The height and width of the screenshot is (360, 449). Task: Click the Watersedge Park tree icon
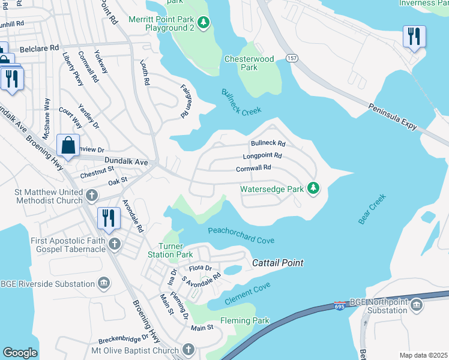click(313, 189)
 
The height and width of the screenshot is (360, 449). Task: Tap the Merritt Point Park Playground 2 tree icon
click(204, 23)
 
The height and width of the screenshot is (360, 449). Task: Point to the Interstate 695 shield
click(340, 306)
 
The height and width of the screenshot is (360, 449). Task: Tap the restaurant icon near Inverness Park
click(414, 37)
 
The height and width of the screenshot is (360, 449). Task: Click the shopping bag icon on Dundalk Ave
click(68, 146)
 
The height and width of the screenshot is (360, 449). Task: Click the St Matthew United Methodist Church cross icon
click(91, 196)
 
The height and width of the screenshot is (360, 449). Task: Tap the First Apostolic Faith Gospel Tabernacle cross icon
click(114, 244)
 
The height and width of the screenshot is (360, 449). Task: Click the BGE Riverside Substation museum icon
click(104, 283)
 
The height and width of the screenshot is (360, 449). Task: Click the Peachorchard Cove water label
click(241, 235)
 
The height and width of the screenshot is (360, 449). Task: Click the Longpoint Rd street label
click(262, 156)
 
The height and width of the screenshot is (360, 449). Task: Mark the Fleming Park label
click(244, 321)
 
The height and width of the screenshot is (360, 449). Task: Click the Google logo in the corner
click(20, 353)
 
